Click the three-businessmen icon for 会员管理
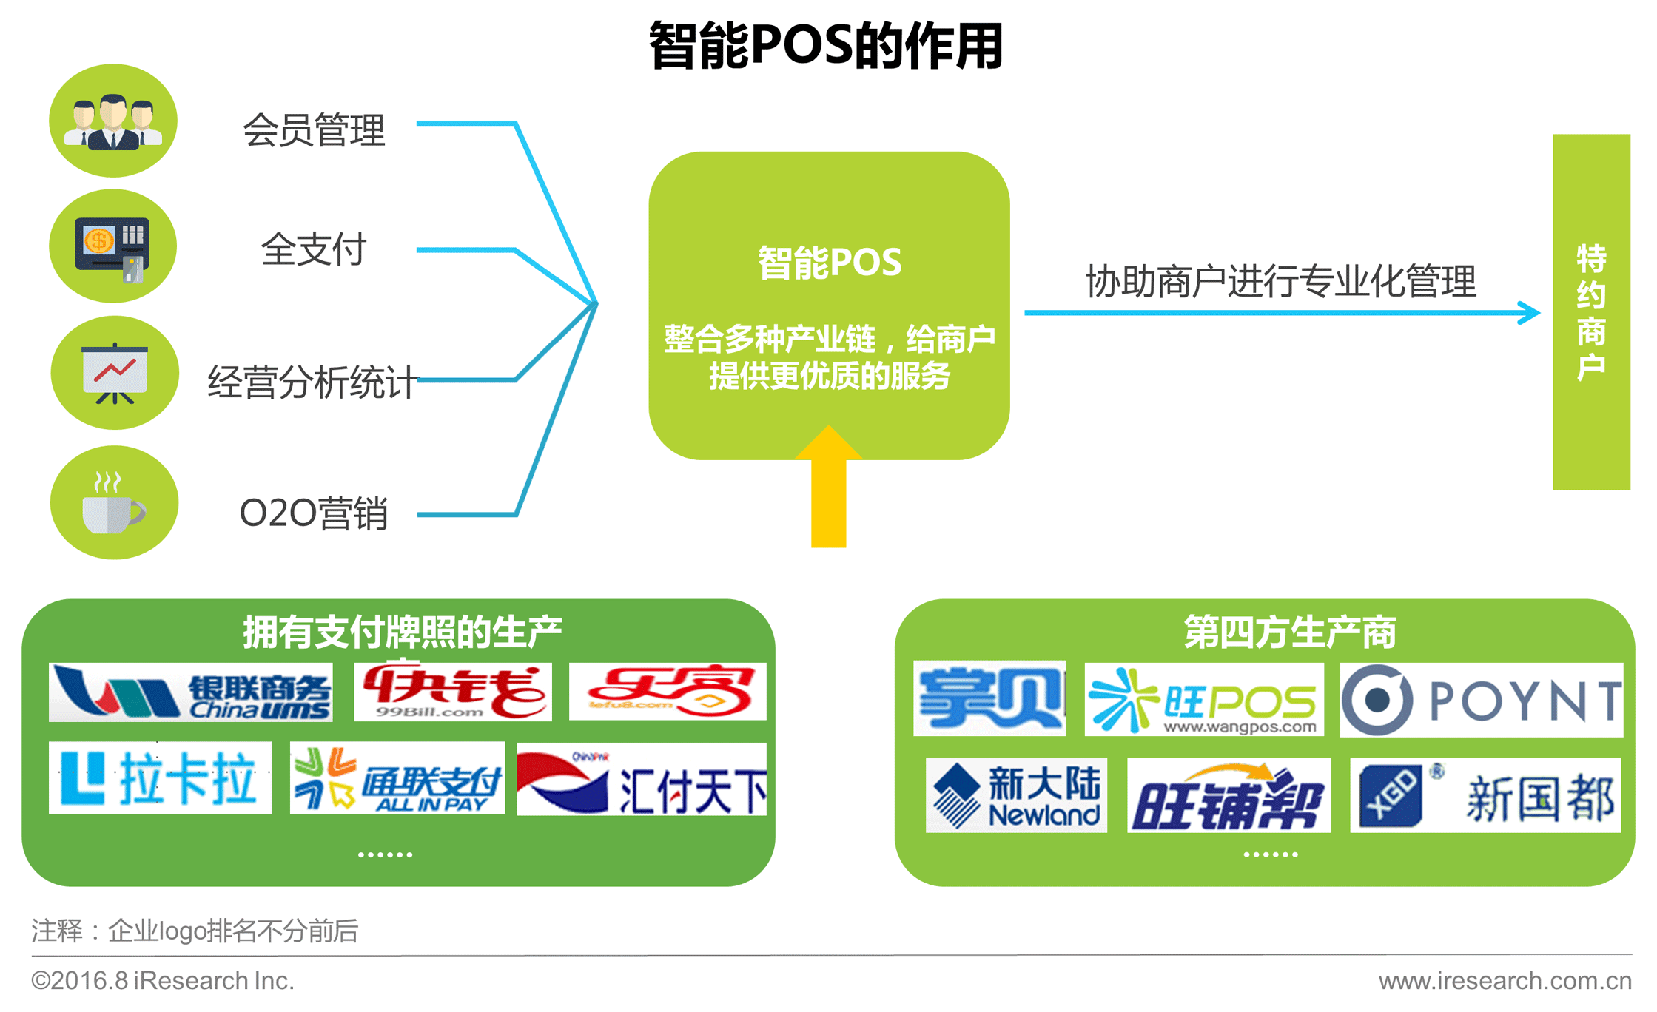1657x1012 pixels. pyautogui.click(x=113, y=121)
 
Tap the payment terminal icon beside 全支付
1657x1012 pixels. pyautogui.click(x=112, y=247)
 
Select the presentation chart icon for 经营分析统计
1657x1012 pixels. pyautogui.click(x=115, y=373)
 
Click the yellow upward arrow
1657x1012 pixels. pyautogui.click(x=828, y=488)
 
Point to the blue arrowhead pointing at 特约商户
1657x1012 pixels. pyautogui.click(x=1529, y=312)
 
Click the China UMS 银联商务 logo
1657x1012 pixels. pyautogui.click(x=190, y=692)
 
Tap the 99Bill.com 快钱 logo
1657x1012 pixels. pyautogui.click(x=452, y=692)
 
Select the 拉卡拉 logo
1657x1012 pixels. pyautogui.click(x=160, y=778)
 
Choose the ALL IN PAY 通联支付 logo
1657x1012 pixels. pyautogui.click(x=397, y=779)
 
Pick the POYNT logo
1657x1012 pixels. pyautogui.click(x=1482, y=700)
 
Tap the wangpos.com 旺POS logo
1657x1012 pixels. pyautogui.click(x=1203, y=700)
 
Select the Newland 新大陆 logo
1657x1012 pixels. pyautogui.click(x=1016, y=795)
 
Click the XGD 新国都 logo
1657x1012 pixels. pyautogui.click(x=1485, y=795)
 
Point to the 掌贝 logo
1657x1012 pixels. pyautogui.click(x=989, y=698)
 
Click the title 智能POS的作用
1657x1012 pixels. pyautogui.click(x=826, y=46)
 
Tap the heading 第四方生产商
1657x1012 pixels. pyautogui.click(x=1289, y=632)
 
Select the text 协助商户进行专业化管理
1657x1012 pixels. pyautogui.click(x=1280, y=281)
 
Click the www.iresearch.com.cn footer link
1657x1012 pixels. pyautogui.click(x=1505, y=981)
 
